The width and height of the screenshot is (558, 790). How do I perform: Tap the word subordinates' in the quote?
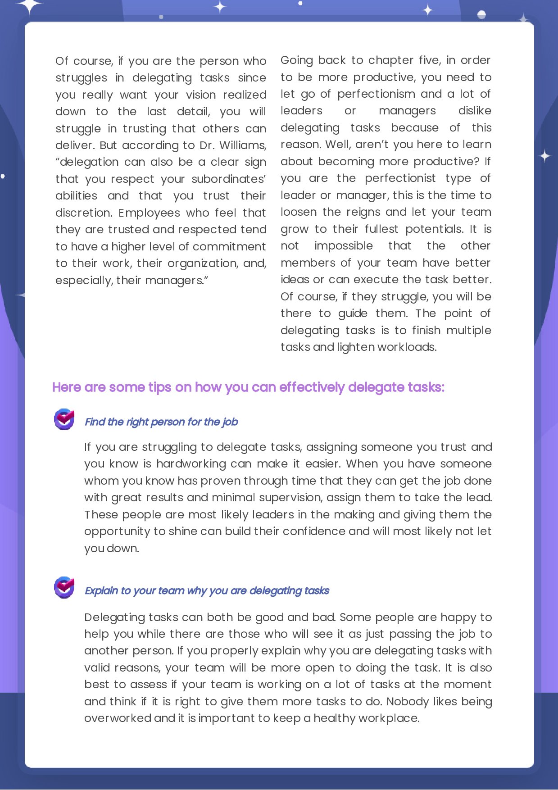(228, 179)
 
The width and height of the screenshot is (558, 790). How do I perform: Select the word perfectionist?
(400, 178)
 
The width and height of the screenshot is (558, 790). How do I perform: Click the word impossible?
(343, 246)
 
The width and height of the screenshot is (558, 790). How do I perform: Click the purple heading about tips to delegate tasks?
(248, 387)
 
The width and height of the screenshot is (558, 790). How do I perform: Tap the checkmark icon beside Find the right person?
(64, 419)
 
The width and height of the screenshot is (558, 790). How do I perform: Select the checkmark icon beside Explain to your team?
(64, 587)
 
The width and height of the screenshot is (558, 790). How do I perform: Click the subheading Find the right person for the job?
(161, 422)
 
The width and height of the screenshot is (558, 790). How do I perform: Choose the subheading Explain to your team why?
(207, 591)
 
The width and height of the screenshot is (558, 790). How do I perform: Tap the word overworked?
(118, 718)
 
